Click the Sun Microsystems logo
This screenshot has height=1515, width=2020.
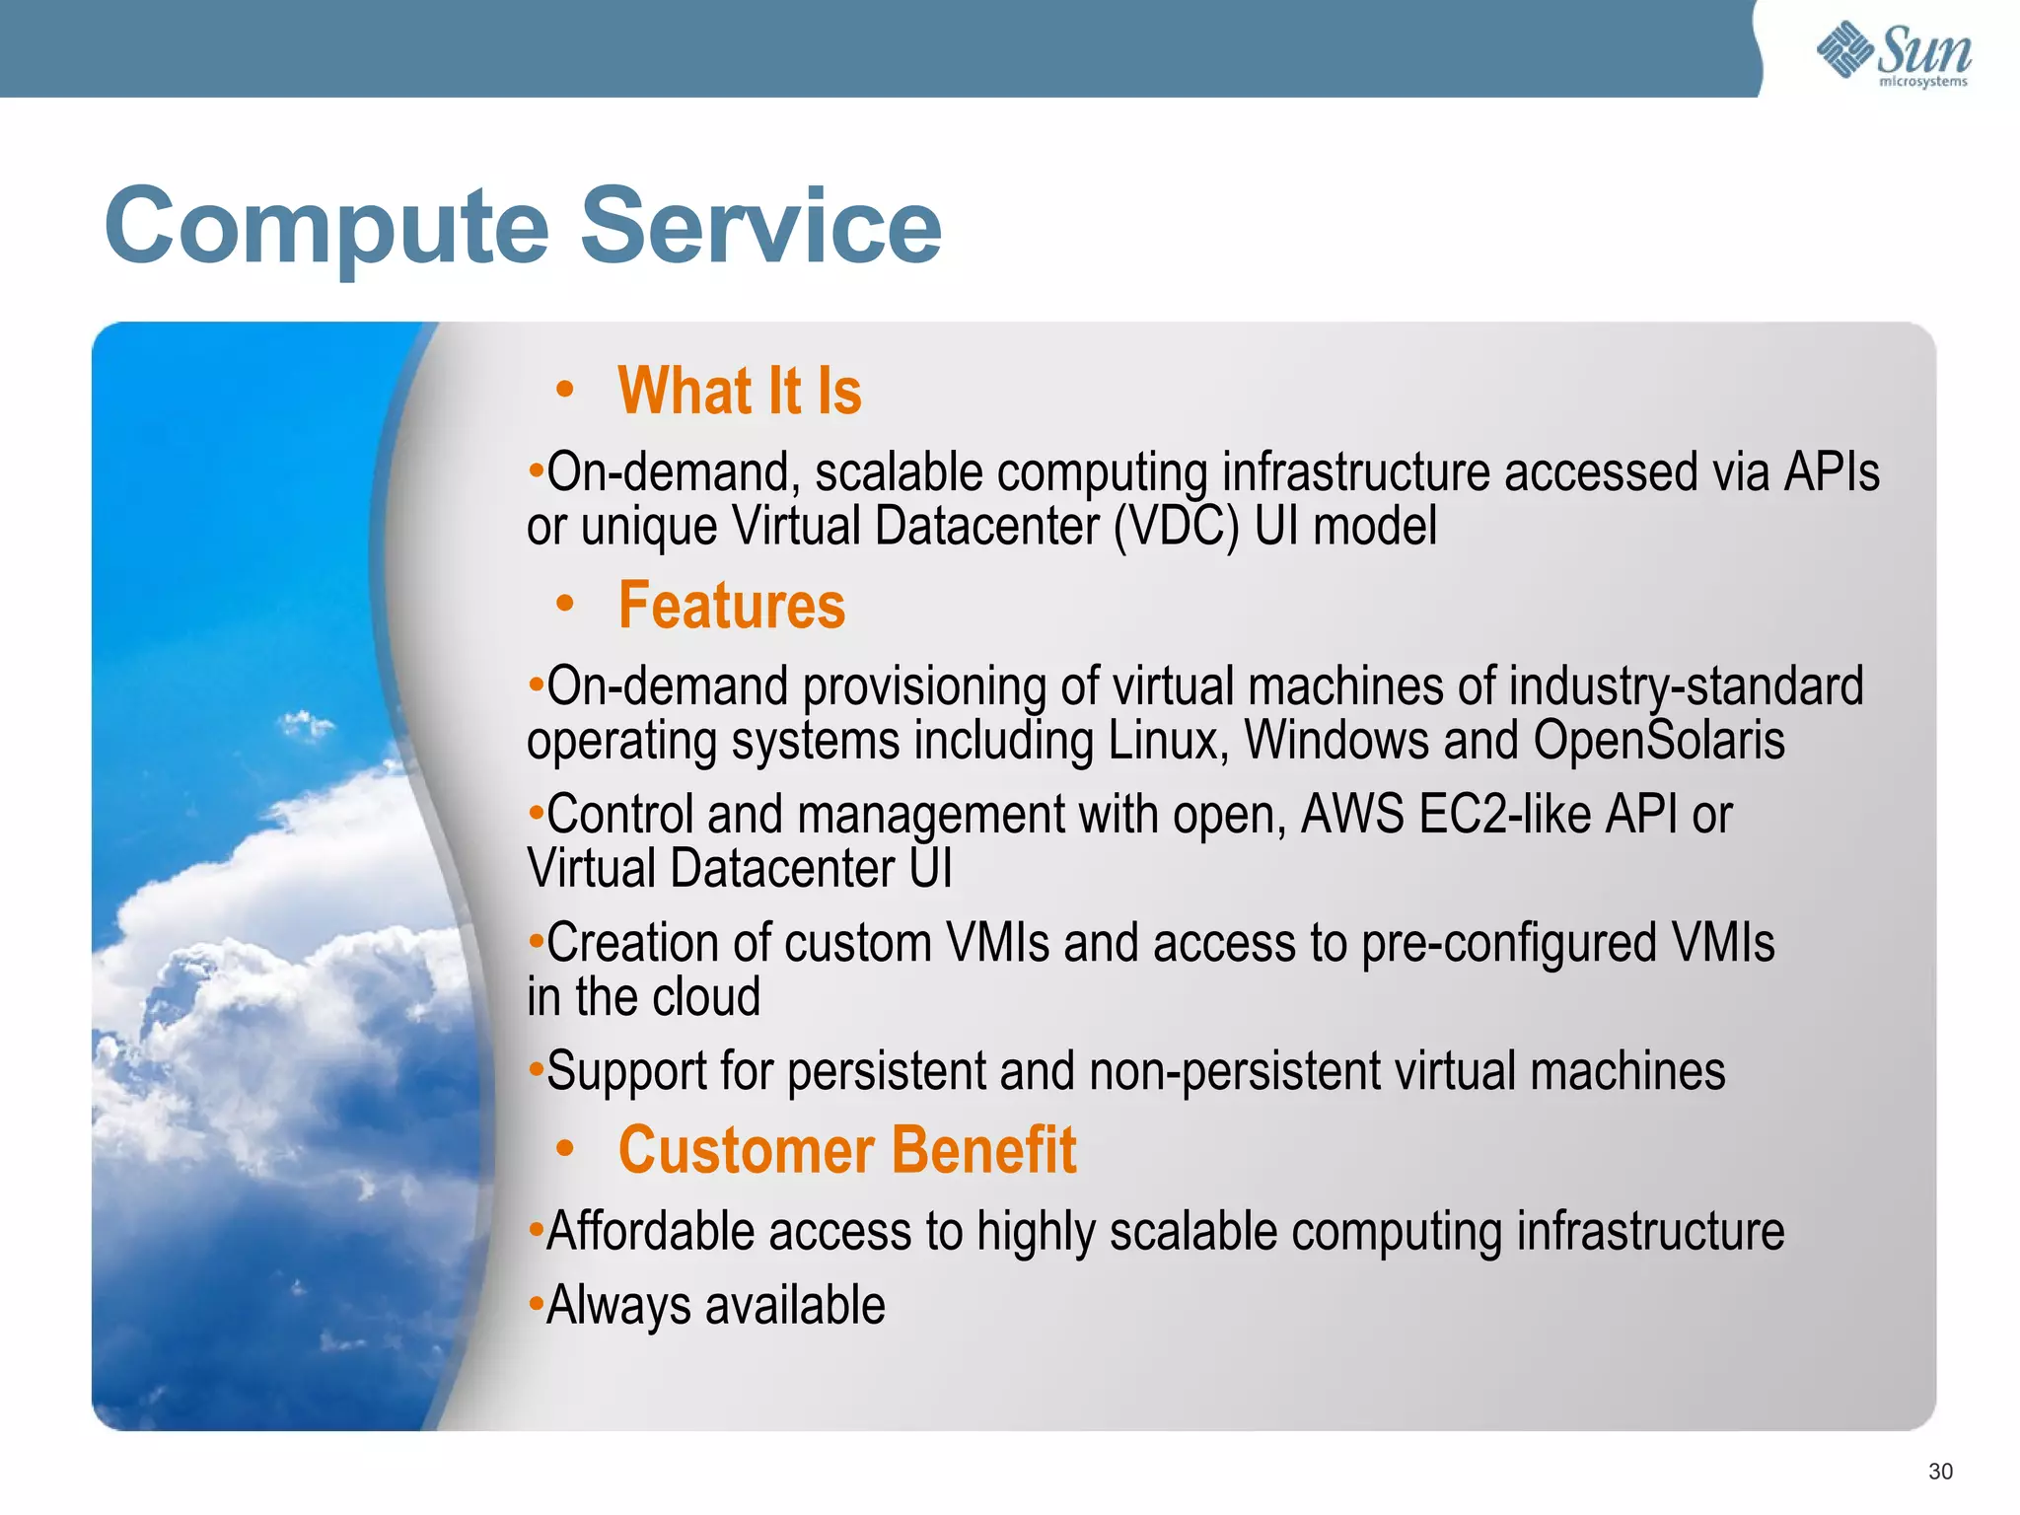1894,53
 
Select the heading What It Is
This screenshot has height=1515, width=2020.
739,391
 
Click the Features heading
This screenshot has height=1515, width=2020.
731,605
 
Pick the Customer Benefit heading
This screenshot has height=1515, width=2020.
846,1150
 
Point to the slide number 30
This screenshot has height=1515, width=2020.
1940,1472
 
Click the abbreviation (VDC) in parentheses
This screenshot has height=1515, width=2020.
1176,527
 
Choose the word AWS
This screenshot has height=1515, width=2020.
1352,815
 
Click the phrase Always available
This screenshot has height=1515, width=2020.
715,1306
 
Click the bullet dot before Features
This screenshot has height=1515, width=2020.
564,604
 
